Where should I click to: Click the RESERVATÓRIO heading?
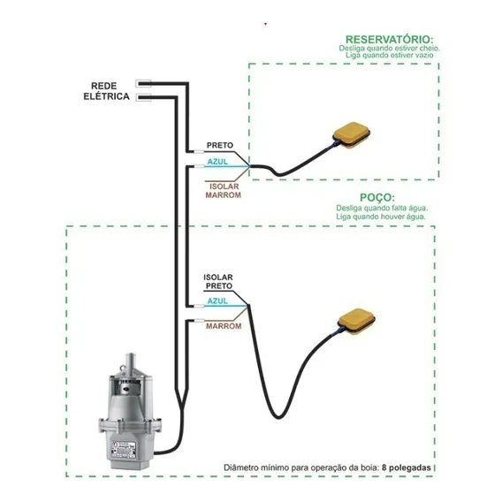click(389, 40)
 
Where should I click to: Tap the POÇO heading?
click(377, 197)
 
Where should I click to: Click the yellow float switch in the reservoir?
click(351, 135)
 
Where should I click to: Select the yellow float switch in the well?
click(357, 322)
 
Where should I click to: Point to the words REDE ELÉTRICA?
click(106, 91)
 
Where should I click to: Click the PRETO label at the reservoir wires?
click(220, 145)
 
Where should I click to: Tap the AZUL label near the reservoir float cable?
click(217, 162)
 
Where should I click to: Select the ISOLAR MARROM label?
click(223, 191)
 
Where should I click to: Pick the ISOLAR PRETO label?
click(218, 282)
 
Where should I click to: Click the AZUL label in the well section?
click(217, 301)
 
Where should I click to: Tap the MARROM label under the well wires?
click(224, 326)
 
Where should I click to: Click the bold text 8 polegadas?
click(406, 468)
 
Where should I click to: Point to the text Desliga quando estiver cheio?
click(389, 49)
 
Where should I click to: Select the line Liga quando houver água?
click(381, 217)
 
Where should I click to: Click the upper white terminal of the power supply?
click(143, 84)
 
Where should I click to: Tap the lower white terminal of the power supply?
click(143, 97)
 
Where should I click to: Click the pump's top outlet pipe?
click(131, 361)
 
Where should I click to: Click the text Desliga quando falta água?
click(382, 208)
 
